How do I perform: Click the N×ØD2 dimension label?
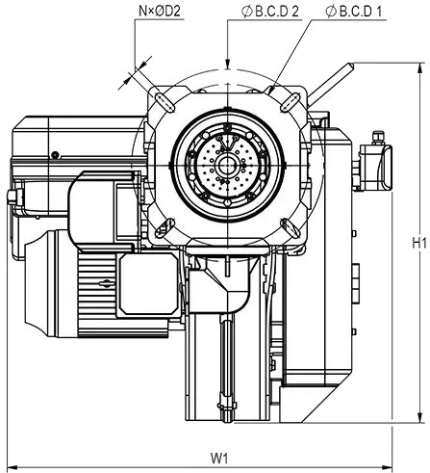160,12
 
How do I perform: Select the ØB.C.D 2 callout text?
270,12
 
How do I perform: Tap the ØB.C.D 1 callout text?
354,12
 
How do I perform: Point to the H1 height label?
419,243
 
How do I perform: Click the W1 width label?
219,458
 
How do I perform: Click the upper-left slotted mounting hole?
164,100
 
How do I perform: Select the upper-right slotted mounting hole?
290,102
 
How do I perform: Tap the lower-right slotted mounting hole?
290,227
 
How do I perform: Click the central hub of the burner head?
227,165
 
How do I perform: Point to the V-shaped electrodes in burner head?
228,143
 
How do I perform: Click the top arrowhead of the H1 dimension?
419,68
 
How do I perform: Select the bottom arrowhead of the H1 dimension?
419,417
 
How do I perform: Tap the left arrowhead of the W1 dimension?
13,466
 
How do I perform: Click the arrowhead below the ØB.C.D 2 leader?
227,63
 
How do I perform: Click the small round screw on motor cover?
56,155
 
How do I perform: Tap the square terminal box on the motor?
148,283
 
